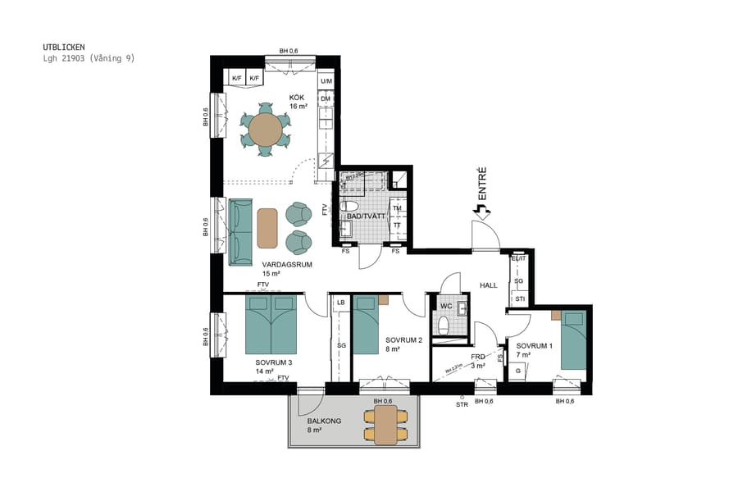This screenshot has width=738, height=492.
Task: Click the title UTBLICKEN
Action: (x=63, y=48)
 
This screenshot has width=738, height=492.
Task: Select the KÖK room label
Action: (x=297, y=98)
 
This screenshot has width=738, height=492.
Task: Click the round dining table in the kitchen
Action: (x=265, y=130)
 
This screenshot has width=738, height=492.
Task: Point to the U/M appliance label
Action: (x=326, y=81)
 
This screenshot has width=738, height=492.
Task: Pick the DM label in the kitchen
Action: (x=326, y=98)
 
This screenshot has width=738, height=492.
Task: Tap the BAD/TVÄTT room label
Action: (x=366, y=216)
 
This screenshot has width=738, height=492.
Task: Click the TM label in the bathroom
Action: (x=397, y=209)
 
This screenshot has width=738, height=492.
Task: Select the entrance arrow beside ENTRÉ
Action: (x=481, y=212)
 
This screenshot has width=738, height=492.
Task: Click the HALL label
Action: (x=490, y=285)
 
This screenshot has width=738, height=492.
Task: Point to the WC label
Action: (x=446, y=307)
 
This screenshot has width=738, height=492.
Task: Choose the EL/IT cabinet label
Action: (x=517, y=258)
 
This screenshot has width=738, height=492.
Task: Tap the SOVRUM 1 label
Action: (x=535, y=346)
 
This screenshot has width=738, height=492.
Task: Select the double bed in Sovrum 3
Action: (x=271, y=324)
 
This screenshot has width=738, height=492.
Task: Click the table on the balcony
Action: (x=385, y=423)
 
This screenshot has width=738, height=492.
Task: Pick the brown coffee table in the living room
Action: (x=267, y=228)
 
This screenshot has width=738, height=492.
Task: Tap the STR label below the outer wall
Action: (x=462, y=403)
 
